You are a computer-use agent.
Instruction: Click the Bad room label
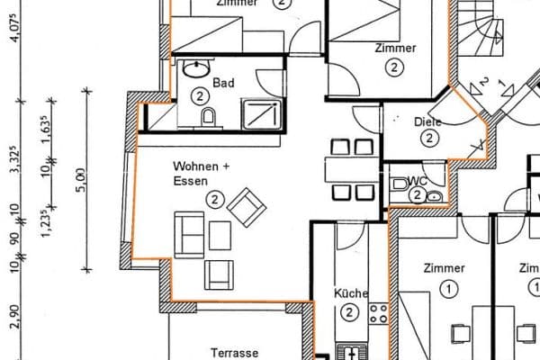pyautogui.click(x=223, y=83)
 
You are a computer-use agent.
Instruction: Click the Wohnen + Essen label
pyautogui.click(x=202, y=173)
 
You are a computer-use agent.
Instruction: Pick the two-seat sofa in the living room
pyautogui.click(x=188, y=233)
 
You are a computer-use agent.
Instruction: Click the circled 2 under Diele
pyautogui.click(x=428, y=138)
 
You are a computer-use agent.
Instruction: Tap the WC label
pyautogui.click(x=416, y=180)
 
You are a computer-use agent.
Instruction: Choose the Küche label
pyautogui.click(x=349, y=293)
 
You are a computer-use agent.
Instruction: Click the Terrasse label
pyautogui.click(x=234, y=353)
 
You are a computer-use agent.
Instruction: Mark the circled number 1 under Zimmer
pyautogui.click(x=447, y=287)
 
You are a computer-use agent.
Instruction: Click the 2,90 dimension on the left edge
pyautogui.click(x=13, y=317)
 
